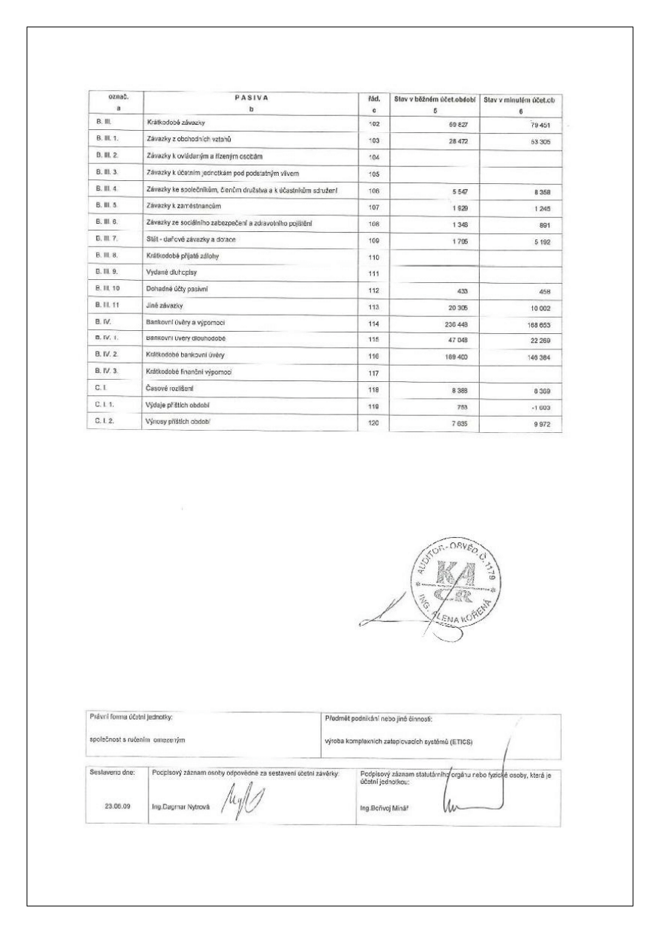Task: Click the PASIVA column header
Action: [251, 98]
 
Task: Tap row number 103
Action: [373, 140]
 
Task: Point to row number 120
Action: [373, 425]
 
